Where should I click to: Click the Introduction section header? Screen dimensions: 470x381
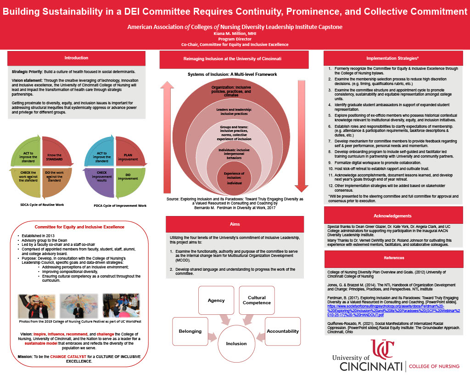(x=77, y=58)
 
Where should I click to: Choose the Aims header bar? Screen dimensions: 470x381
(x=235, y=224)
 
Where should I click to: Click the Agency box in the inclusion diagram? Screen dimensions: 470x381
(x=216, y=301)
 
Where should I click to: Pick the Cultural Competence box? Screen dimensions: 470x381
(x=257, y=300)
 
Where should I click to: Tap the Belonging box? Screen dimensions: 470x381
(x=190, y=331)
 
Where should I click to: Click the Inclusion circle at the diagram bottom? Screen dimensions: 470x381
(x=236, y=343)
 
